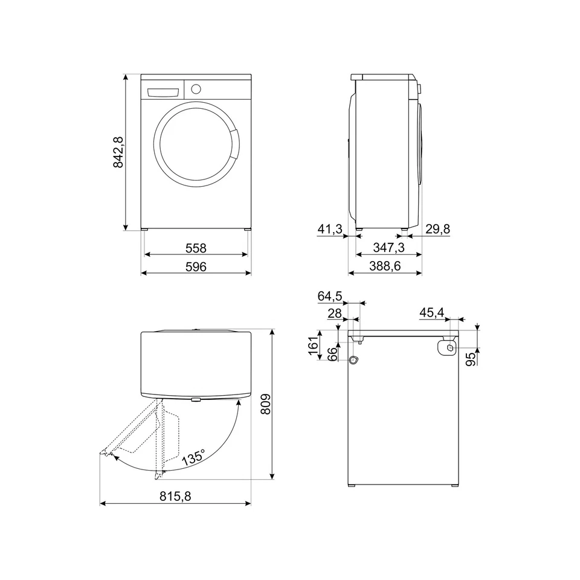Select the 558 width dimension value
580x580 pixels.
point(196,248)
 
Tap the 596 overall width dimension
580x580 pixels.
point(196,267)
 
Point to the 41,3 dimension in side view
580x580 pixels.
point(330,230)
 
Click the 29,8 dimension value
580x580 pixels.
point(437,230)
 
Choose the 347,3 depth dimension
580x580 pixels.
point(388,248)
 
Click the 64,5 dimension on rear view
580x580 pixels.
point(330,296)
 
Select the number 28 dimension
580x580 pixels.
point(335,313)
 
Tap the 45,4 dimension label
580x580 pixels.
point(431,312)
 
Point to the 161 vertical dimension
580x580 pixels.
point(313,346)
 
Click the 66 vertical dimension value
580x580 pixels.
point(332,354)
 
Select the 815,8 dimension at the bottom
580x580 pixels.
point(175,496)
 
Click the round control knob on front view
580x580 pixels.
point(196,89)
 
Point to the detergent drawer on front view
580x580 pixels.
point(163,92)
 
